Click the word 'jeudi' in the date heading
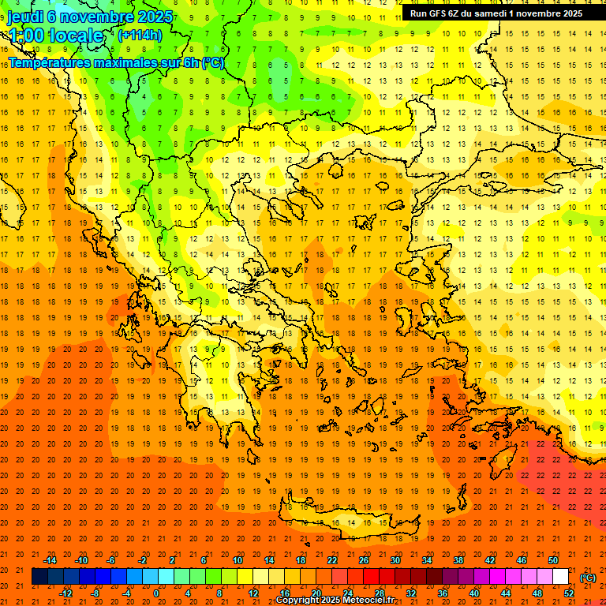point(25,16)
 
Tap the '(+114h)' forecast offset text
point(140,35)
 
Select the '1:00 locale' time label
point(55,36)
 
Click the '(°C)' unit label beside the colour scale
point(588,578)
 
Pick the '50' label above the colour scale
point(552,560)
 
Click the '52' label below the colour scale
point(568,593)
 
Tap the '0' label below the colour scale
point(156,593)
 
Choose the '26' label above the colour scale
point(363,560)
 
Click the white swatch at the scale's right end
point(560,577)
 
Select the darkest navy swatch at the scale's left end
point(39,577)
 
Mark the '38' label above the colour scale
point(458,560)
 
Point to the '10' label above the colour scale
point(237,560)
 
